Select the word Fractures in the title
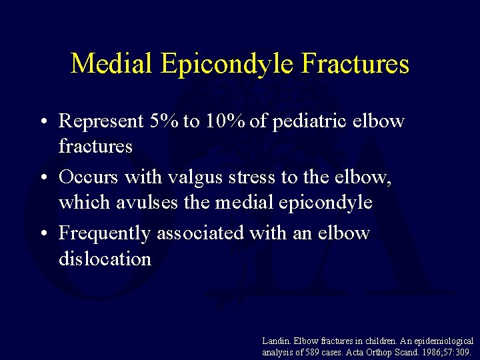pyautogui.click(x=355, y=64)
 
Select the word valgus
pyautogui.click(x=194, y=178)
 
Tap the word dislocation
pyautogui.click(x=105, y=258)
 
